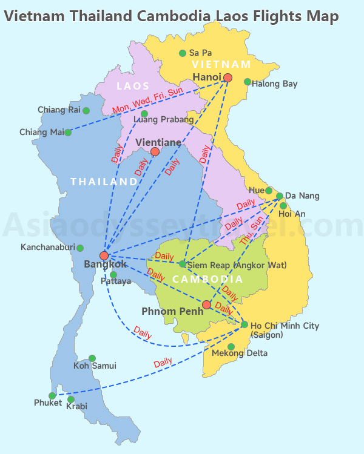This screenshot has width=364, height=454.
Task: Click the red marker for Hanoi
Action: (227, 77)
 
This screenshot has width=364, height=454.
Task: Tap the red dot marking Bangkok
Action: (104, 255)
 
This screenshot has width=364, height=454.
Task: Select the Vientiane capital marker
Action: (155, 151)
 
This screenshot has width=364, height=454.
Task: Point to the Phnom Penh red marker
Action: (206, 304)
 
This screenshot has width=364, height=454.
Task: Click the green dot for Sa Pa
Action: (182, 53)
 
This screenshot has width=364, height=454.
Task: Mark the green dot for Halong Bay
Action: (247, 82)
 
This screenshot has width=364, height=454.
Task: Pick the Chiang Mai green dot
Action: (68, 133)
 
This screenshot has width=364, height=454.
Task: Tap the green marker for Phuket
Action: (52, 395)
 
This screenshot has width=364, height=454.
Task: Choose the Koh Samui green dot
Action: (92, 358)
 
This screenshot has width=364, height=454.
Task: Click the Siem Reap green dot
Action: (182, 263)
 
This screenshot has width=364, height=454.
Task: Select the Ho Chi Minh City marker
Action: (244, 324)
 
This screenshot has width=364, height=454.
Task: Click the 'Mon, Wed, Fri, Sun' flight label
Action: (147, 100)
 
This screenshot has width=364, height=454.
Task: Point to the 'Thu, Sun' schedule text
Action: (252, 231)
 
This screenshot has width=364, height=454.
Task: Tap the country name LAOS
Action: (133, 87)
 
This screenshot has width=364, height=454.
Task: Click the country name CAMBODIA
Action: (207, 279)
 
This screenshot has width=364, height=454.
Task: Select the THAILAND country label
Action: (104, 182)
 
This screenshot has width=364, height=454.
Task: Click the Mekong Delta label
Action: (239, 353)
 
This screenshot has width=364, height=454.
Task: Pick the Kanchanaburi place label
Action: (47, 247)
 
